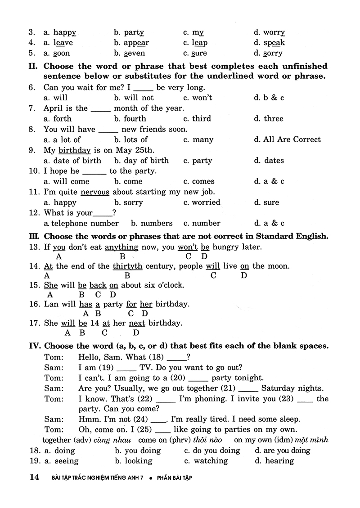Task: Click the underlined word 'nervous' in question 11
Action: click(x=95, y=192)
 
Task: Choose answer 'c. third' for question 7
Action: click(x=197, y=119)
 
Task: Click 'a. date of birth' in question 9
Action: click(x=72, y=161)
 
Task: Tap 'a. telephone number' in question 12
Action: click(x=81, y=223)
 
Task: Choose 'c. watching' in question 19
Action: click(x=206, y=461)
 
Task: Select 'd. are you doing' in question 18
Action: click(x=282, y=450)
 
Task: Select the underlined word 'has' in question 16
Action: click(x=86, y=304)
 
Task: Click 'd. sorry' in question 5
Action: click(x=268, y=53)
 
